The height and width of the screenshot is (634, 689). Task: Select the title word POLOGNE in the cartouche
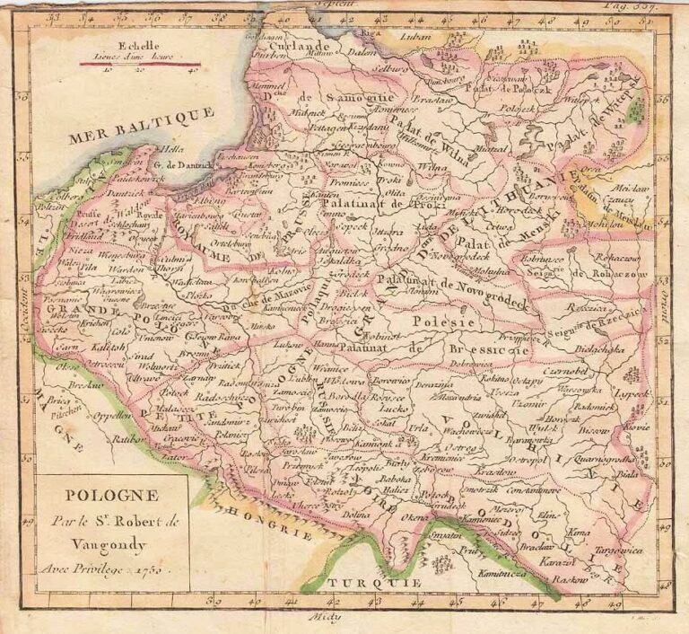(109, 496)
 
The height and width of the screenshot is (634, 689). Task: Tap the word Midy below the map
(344, 618)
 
